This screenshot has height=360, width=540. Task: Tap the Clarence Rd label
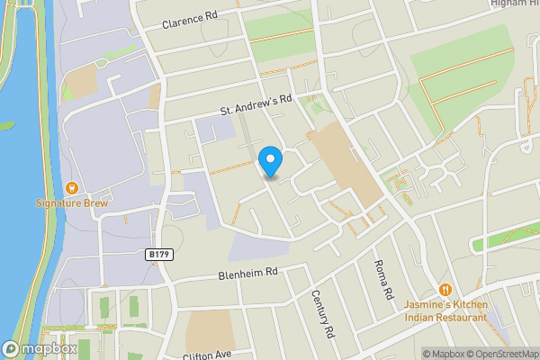190,20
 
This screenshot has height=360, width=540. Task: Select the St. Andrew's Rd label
258,105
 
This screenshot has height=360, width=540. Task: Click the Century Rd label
323,313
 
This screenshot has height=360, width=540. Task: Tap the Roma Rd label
384,279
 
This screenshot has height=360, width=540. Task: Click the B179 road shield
158,255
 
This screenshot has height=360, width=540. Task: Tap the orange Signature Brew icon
71,188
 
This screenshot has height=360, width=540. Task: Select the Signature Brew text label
71,203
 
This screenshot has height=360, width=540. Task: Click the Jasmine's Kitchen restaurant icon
445,289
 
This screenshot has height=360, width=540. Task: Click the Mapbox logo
39,349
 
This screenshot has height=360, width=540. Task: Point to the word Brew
94,203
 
